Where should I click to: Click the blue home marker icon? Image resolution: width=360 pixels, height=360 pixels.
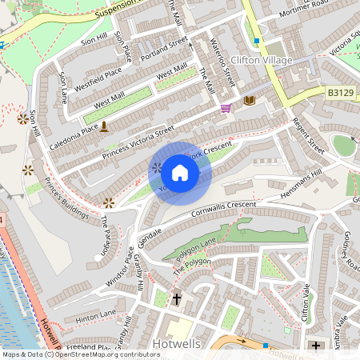point(180,173)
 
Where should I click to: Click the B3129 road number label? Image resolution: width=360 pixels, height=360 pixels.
point(340,93)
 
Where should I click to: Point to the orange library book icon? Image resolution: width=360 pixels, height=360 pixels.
point(249,100)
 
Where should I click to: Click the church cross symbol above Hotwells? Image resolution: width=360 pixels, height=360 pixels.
point(176,299)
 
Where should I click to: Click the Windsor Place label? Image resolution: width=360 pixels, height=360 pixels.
point(119,267)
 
